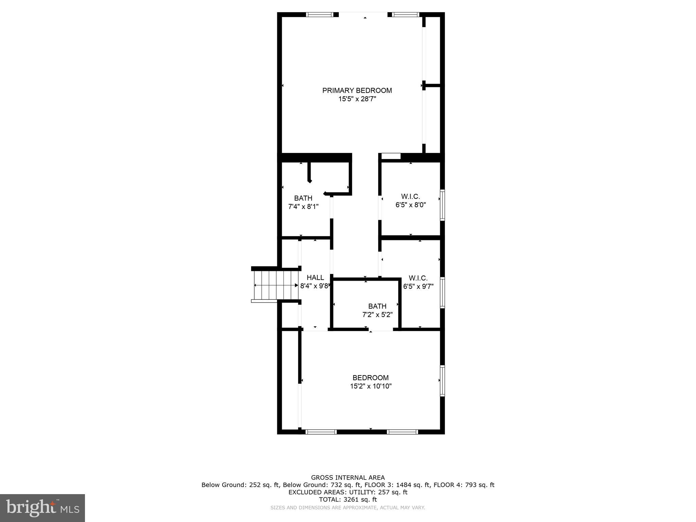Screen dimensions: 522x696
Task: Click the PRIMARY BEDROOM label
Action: (x=357, y=90)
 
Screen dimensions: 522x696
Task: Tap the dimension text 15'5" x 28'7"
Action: (x=357, y=99)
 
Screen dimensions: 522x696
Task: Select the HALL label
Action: (x=315, y=278)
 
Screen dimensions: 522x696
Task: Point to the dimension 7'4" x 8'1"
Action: (x=303, y=207)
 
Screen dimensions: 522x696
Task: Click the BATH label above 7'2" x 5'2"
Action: (x=377, y=306)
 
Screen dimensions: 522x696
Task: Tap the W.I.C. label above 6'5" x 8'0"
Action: (x=411, y=196)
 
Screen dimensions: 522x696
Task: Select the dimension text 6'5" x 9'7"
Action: (x=418, y=286)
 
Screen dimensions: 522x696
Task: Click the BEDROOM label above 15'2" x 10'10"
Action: (x=370, y=378)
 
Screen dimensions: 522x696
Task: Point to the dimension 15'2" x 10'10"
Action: (x=371, y=386)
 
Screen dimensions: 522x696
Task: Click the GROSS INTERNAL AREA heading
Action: (x=348, y=477)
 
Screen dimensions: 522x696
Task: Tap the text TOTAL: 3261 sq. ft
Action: (x=348, y=500)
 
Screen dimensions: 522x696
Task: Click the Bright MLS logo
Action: (x=42, y=508)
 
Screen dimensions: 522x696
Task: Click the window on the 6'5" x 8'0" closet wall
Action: (x=442, y=205)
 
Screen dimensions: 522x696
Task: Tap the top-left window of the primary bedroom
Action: (x=319, y=15)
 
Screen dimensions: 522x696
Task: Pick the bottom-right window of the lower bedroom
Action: (x=402, y=432)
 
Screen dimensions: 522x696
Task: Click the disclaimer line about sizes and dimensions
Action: (x=348, y=508)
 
